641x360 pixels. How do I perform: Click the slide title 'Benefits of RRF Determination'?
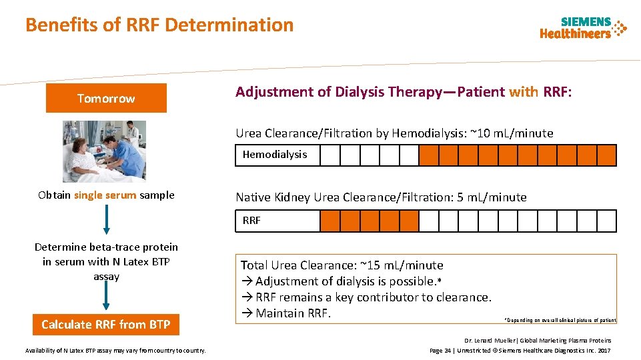(x=159, y=25)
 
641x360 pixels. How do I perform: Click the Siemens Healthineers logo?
(x=583, y=27)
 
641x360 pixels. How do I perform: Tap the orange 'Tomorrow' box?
(x=106, y=99)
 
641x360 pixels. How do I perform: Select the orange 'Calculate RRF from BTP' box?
(x=106, y=325)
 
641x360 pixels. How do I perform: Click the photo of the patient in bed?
(x=103, y=151)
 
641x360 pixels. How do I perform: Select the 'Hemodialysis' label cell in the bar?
(x=275, y=155)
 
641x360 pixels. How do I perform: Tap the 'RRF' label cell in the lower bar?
(x=252, y=221)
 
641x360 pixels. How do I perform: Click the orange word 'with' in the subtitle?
(x=523, y=92)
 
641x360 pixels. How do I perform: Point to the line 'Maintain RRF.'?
(x=293, y=313)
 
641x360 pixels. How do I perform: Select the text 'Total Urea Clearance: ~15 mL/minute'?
(x=342, y=265)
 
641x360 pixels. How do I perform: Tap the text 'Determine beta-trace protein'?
(x=106, y=247)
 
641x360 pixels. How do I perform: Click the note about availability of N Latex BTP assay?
(x=115, y=351)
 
